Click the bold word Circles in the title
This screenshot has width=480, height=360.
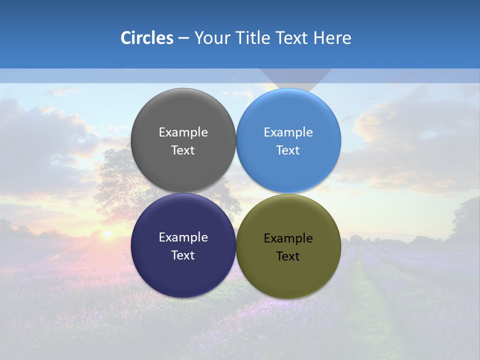point(147,38)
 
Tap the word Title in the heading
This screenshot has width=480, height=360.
point(254,38)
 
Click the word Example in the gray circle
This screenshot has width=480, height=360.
point(183,132)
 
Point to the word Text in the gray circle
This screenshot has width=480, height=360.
point(183,150)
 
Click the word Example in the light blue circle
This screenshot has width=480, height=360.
point(288,132)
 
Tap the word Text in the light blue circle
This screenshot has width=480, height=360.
point(288,150)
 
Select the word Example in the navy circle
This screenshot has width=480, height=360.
point(183,237)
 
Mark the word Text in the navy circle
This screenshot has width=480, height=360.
point(183,255)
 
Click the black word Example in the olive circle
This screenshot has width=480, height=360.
point(288,238)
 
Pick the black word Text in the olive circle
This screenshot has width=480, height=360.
point(288,256)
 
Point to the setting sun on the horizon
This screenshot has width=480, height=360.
point(107,233)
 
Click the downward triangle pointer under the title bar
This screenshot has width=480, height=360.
point(295,78)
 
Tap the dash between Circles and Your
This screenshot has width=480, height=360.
point(183,38)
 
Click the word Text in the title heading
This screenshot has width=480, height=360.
point(292,38)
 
